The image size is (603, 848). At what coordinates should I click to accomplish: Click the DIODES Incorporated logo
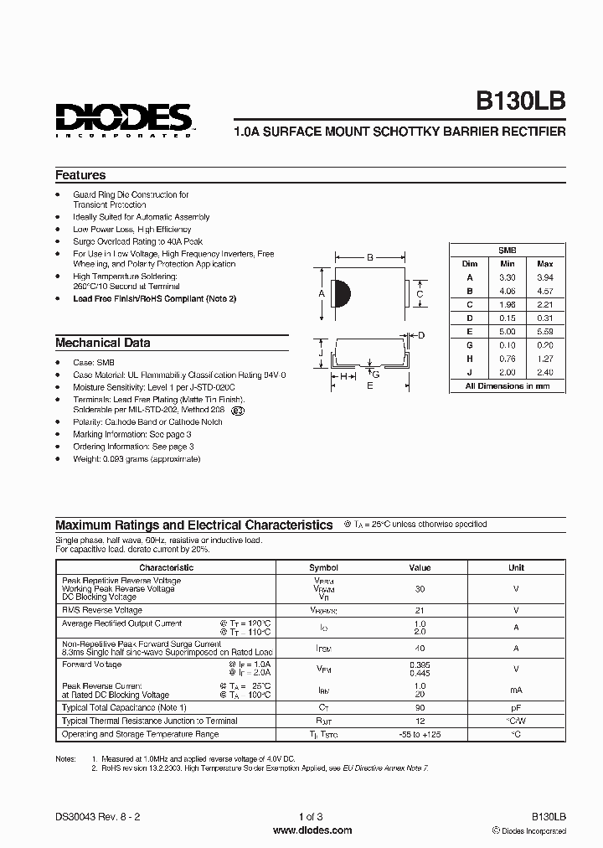(x=124, y=116)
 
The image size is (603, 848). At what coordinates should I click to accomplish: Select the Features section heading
(x=80, y=175)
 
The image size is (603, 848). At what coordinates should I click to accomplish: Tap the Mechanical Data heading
(x=103, y=343)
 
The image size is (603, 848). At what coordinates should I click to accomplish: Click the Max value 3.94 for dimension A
(x=544, y=277)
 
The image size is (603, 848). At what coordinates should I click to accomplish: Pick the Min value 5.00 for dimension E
(x=508, y=331)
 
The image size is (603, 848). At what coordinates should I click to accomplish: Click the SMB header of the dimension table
(x=508, y=250)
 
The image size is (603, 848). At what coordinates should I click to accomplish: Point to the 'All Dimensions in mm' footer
(x=508, y=385)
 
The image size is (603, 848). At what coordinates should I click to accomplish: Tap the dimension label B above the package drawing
(x=369, y=257)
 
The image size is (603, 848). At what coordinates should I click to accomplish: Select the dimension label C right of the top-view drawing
(x=420, y=293)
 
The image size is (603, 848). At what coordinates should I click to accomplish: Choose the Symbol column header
(x=323, y=567)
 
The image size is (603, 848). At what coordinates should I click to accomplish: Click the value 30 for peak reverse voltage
(x=420, y=589)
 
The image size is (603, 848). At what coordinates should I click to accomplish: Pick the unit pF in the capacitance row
(x=516, y=708)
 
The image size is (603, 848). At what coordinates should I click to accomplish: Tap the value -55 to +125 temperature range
(x=420, y=734)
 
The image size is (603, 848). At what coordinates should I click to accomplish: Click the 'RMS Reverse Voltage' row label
(x=101, y=610)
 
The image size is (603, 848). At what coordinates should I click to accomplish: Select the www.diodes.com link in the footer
(x=312, y=830)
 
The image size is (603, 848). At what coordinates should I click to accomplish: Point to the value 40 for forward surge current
(x=420, y=648)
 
